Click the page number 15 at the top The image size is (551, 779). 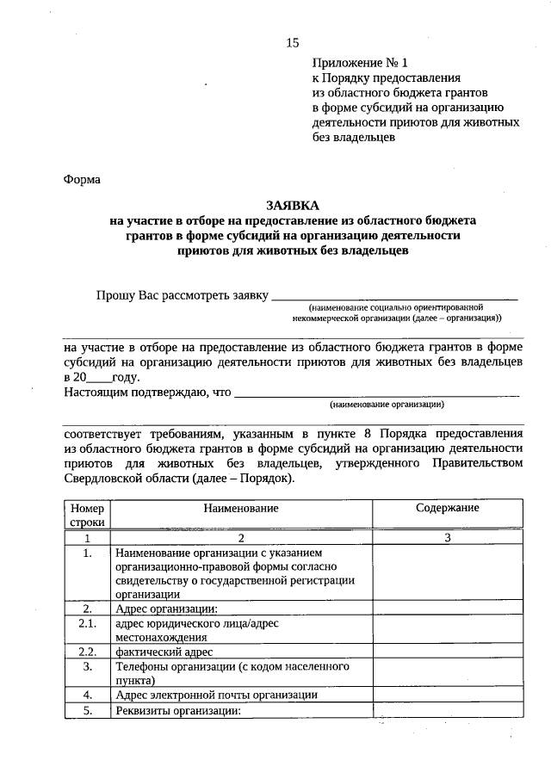[293, 43]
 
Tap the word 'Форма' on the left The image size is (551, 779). [83, 180]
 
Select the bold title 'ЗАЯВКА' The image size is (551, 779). [292, 205]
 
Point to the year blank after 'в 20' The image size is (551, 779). [99, 377]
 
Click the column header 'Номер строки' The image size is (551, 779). [87, 515]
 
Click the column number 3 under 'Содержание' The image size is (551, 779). [447, 537]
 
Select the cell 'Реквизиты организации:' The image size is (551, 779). [176, 710]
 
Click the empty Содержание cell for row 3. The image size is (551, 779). [447, 673]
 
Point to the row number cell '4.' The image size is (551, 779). [87, 695]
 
